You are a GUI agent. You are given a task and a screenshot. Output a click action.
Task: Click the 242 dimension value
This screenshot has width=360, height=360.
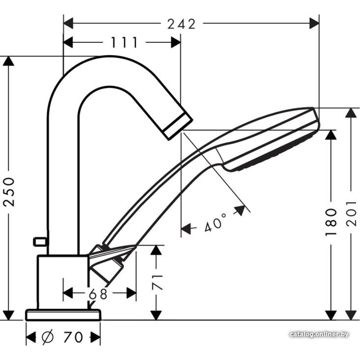(181, 24)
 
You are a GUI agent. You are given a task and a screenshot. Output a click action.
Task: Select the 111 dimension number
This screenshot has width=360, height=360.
(124, 42)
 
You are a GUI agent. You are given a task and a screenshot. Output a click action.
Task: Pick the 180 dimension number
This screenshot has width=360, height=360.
(331, 222)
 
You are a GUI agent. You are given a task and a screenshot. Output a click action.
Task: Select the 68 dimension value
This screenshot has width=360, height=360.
(98, 294)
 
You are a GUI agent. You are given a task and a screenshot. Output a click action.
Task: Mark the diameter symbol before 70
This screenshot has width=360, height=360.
(48, 337)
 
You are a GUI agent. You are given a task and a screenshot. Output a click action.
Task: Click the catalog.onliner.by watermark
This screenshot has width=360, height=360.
(319, 334)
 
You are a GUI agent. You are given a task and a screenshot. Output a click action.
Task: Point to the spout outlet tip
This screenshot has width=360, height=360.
(178, 126)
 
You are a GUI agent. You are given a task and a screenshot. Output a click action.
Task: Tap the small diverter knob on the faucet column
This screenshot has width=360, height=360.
(40, 242)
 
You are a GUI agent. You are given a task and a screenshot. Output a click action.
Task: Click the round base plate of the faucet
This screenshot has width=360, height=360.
(63, 315)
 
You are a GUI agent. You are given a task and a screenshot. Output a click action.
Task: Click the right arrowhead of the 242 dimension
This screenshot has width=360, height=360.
(314, 24)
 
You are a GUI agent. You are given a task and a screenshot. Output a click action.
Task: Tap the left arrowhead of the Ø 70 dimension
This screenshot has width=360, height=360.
(31, 337)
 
